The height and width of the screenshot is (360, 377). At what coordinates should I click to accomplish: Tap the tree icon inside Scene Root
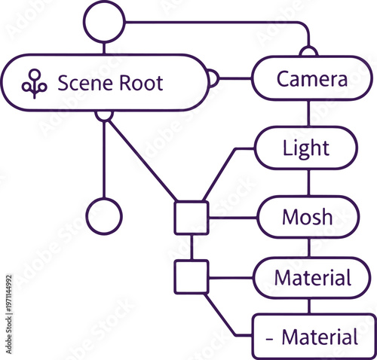tap(34, 84)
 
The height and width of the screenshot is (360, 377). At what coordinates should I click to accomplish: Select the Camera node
tap(311, 79)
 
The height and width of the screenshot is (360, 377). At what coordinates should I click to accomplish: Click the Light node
tap(306, 148)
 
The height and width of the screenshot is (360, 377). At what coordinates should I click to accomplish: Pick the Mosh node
tap(307, 217)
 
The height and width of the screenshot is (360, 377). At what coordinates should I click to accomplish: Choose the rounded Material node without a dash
tap(312, 278)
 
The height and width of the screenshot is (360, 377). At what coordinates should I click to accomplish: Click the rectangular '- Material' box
tap(312, 337)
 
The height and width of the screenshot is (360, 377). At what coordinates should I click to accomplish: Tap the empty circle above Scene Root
tap(105, 22)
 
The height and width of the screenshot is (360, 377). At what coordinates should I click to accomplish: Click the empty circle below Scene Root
tap(105, 216)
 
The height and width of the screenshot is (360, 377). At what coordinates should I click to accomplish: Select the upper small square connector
tap(192, 218)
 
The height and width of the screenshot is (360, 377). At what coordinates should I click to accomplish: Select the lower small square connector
tap(192, 276)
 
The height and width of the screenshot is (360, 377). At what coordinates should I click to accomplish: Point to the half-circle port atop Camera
tap(308, 51)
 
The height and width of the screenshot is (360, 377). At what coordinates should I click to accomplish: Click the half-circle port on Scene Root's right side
tap(213, 78)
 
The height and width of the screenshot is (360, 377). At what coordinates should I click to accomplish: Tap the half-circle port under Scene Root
tap(105, 115)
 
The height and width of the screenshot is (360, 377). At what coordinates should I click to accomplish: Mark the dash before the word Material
tap(269, 339)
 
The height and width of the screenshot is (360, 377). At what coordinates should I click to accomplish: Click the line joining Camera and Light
tap(308, 113)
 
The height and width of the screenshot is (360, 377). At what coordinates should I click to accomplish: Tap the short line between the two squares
tap(192, 247)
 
